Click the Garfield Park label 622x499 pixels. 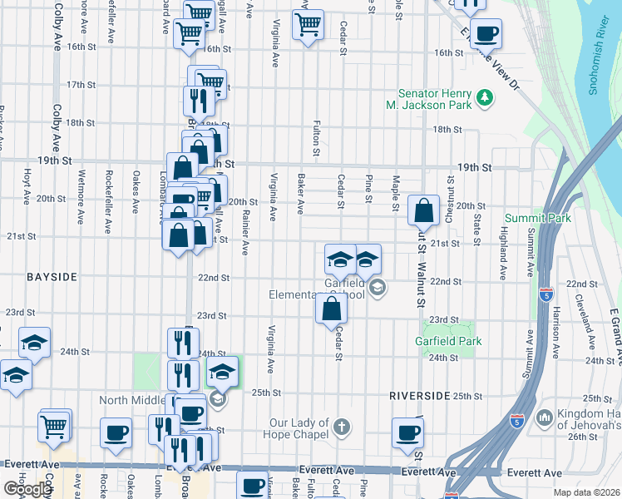click(448, 341)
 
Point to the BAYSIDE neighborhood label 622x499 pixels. click(51, 275)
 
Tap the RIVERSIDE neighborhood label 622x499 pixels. click(420, 396)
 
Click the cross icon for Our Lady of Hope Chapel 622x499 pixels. click(341, 428)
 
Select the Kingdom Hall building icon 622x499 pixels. click(545, 416)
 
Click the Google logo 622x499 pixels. click(27, 489)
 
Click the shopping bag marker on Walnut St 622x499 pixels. click(423, 213)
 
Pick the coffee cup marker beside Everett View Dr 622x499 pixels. click(486, 34)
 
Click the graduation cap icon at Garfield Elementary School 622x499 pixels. click(378, 288)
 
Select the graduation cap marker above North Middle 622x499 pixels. click(222, 373)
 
